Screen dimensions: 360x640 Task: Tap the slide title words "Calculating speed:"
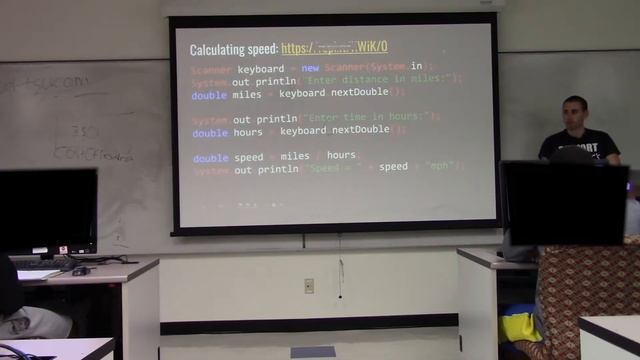click(233, 48)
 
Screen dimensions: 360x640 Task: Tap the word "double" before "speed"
click(210, 157)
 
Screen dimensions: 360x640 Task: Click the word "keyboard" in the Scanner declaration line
click(260, 70)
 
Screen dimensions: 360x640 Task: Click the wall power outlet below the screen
click(309, 285)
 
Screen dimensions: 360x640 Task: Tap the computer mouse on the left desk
click(80, 271)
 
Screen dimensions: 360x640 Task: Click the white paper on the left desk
click(37, 274)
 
